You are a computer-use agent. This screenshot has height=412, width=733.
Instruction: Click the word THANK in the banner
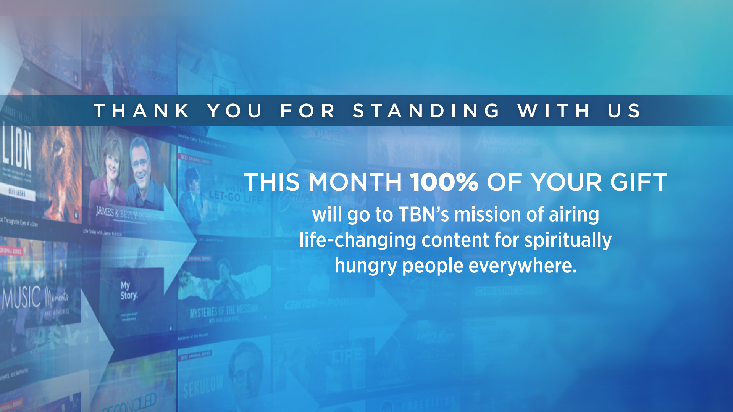(x=142, y=111)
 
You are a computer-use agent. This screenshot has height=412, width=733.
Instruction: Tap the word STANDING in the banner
(x=426, y=111)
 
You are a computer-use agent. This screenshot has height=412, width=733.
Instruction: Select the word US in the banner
(x=625, y=111)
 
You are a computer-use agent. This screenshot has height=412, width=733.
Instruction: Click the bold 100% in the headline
(x=444, y=182)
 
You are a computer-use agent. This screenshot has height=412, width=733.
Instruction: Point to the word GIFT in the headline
(x=639, y=182)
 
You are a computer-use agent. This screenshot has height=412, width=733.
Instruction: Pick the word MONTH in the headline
(x=355, y=182)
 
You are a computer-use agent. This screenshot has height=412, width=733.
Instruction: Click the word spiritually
(x=568, y=240)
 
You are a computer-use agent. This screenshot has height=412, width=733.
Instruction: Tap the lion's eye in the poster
(x=58, y=147)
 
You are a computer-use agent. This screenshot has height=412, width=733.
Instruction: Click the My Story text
(x=128, y=291)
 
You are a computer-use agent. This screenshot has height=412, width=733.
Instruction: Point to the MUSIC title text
(x=22, y=297)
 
